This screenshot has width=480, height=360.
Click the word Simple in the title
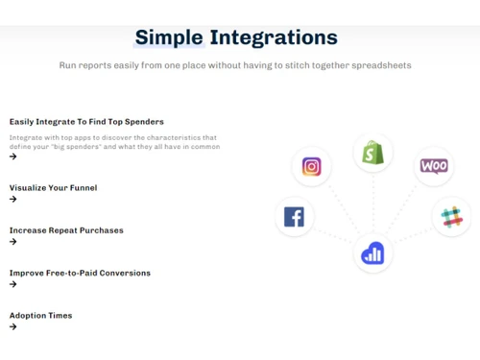coord(169,37)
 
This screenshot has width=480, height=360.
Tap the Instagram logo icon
coord(311,167)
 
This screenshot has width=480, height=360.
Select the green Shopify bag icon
coord(372,153)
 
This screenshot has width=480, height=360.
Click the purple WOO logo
coord(434,166)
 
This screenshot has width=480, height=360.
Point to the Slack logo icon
coord(451,217)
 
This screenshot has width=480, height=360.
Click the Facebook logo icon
coord(294,217)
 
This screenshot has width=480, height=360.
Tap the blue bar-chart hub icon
coord(372,253)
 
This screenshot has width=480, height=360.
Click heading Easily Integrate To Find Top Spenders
coord(86,122)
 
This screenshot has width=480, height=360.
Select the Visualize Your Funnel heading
coord(53,188)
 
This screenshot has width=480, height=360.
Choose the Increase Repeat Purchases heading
coord(66,230)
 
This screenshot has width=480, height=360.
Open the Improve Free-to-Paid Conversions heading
coord(80,273)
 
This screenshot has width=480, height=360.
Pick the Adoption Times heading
coord(40,315)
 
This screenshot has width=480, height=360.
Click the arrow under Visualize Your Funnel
coord(13,200)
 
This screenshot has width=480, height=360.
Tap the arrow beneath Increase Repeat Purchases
coord(13,242)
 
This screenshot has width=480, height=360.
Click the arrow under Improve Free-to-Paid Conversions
coord(13,284)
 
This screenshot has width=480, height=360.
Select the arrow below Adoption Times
coord(13,326)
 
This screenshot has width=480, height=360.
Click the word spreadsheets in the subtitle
coord(381,65)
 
